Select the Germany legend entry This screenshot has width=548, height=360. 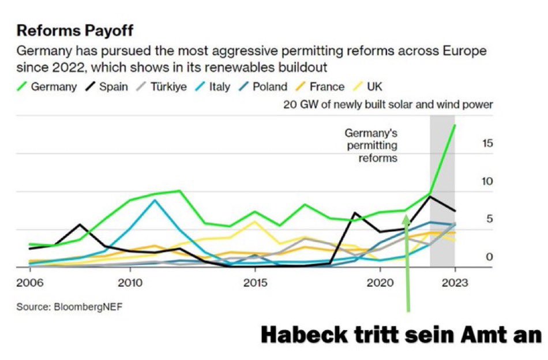pyautogui.click(x=46, y=87)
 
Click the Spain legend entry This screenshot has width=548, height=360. pyautogui.click(x=107, y=87)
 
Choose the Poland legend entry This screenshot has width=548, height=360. pyautogui.click(x=262, y=87)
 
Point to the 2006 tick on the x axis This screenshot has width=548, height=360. pyautogui.click(x=29, y=283)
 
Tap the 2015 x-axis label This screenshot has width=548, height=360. pyautogui.click(x=254, y=283)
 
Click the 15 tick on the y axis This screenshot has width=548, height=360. pyautogui.click(x=487, y=143)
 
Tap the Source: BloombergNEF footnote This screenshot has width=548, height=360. pyautogui.click(x=69, y=307)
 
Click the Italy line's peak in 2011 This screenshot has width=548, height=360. pyautogui.click(x=155, y=200)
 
